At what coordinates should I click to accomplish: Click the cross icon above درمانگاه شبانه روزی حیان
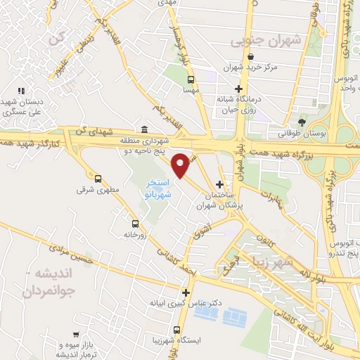point(240,89)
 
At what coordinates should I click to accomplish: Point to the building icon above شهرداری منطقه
point(144,129)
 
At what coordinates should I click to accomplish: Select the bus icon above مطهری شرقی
point(98,179)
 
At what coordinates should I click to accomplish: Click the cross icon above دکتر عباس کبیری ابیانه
point(186,292)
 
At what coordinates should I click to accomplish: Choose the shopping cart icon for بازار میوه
point(75,336)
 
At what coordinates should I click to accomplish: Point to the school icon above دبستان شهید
point(21,90)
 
